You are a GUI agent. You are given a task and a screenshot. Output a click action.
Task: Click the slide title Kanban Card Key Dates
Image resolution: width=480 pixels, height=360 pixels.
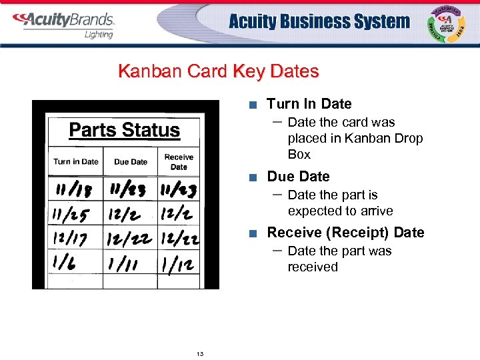pyautogui.click(x=218, y=71)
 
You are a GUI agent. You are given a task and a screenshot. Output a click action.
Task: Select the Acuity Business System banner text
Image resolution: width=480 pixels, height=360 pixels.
pyautogui.click(x=319, y=21)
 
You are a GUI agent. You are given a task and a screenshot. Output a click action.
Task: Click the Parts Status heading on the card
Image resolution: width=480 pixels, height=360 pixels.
pyautogui.click(x=124, y=130)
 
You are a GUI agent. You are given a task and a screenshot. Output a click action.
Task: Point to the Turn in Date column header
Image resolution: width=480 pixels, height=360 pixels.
pyautogui.click(x=75, y=161)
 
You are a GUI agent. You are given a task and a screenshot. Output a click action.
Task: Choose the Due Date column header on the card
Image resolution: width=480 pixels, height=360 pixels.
pyautogui.click(x=131, y=161)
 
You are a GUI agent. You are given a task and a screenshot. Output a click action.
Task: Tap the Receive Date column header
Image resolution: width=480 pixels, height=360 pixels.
pyautogui.click(x=179, y=162)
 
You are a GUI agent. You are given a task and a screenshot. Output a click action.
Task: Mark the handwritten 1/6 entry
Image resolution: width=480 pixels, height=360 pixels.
pyautogui.click(x=65, y=262)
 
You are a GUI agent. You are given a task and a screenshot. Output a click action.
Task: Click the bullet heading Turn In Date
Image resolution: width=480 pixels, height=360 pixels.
pyautogui.click(x=309, y=104)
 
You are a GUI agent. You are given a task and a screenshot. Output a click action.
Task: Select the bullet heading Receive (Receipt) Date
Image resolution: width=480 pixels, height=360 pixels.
pyautogui.click(x=345, y=233)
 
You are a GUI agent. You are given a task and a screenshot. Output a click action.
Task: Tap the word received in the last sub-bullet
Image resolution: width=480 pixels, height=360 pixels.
pyautogui.click(x=313, y=267)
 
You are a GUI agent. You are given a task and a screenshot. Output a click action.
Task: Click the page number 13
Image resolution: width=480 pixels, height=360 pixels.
pyautogui.click(x=200, y=353)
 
